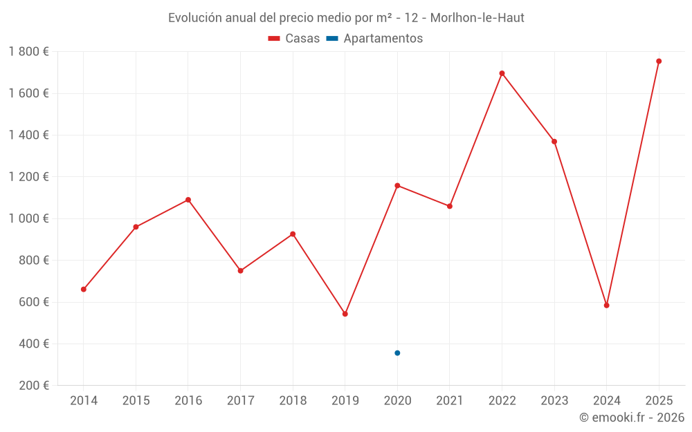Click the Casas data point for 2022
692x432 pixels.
(502, 73)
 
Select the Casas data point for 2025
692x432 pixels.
(659, 61)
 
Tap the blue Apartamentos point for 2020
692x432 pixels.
(397, 353)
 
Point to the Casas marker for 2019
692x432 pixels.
(345, 314)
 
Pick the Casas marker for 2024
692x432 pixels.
(606, 305)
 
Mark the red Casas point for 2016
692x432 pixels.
(188, 200)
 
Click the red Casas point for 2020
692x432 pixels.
(397, 185)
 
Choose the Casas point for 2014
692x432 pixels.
(84, 289)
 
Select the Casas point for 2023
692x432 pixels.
(554, 142)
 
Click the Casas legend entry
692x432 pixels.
(294, 39)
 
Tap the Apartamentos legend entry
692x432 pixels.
(374, 39)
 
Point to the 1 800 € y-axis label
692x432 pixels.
(29, 52)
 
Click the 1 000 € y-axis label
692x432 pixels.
(29, 218)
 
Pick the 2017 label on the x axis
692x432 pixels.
(240, 401)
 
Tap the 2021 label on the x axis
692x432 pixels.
(450, 401)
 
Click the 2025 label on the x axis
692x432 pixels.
(659, 401)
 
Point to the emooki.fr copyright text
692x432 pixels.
(631, 417)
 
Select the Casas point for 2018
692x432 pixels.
(293, 234)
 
